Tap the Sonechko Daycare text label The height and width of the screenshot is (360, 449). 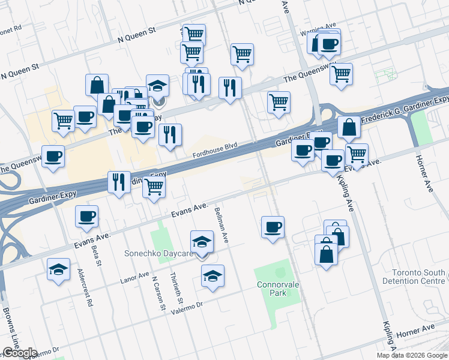(x=158, y=254)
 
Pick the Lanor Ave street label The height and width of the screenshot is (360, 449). (x=134, y=277)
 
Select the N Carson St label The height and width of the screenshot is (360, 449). (x=158, y=293)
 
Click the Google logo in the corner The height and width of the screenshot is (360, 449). (x=19, y=353)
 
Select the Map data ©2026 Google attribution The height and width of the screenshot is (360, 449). (x=412, y=355)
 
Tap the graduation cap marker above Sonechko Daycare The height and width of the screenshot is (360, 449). (x=202, y=242)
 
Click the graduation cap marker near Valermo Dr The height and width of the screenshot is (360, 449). (x=212, y=277)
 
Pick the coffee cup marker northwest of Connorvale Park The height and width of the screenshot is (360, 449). (x=273, y=227)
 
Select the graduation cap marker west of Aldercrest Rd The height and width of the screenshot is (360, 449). (x=59, y=269)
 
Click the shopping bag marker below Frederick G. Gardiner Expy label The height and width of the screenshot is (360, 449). (x=349, y=127)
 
